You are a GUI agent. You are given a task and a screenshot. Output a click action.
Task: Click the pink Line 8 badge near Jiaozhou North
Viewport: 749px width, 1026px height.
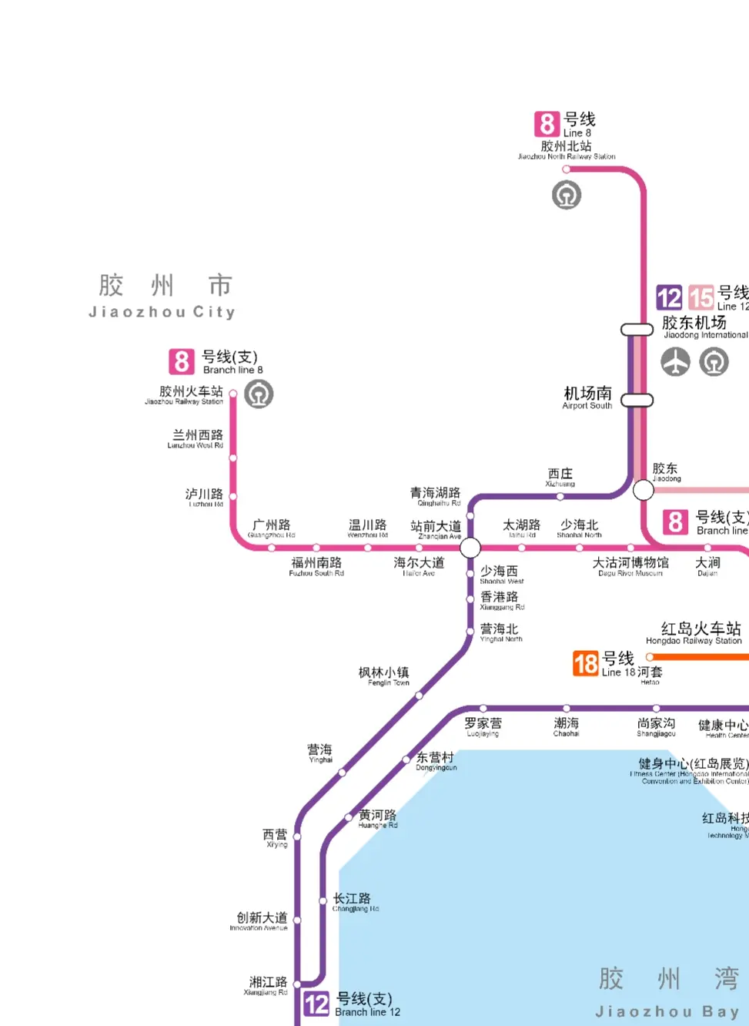coord(547,123)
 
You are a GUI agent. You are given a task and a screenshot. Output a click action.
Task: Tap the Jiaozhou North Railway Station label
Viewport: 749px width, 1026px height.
coord(567,149)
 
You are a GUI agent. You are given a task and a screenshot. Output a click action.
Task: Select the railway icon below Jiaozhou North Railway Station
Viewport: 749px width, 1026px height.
coord(567,195)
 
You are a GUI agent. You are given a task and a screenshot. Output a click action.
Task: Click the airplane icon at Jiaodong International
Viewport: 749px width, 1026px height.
coord(676,361)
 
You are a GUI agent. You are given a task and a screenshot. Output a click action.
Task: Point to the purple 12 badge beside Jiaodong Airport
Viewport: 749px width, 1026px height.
coord(669,297)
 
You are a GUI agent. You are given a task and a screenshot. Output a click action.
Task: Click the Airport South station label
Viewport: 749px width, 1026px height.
coord(587,397)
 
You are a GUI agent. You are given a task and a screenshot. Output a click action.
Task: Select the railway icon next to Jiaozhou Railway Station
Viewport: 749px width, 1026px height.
coord(259,394)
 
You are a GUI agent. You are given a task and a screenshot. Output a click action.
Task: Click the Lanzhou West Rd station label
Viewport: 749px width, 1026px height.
coord(197,438)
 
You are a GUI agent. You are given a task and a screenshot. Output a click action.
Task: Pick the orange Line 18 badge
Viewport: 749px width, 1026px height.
coord(586,663)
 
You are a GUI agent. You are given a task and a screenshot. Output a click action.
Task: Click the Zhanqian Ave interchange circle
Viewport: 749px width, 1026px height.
coord(470,548)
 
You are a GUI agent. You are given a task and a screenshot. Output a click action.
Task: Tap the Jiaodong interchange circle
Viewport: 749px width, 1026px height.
coord(643,489)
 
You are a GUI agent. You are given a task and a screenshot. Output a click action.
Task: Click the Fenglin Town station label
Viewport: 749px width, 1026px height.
coord(384,676)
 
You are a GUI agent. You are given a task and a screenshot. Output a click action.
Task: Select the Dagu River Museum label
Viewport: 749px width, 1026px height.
coord(630,566)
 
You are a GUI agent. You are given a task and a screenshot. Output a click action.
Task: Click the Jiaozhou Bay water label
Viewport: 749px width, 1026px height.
coord(668,992)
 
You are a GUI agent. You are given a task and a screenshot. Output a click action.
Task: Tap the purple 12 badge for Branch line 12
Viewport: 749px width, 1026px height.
coord(316,1004)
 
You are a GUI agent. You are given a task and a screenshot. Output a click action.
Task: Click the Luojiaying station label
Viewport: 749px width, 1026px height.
coord(483,726)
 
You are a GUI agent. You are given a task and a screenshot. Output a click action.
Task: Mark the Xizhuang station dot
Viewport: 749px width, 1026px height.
coord(560,497)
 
